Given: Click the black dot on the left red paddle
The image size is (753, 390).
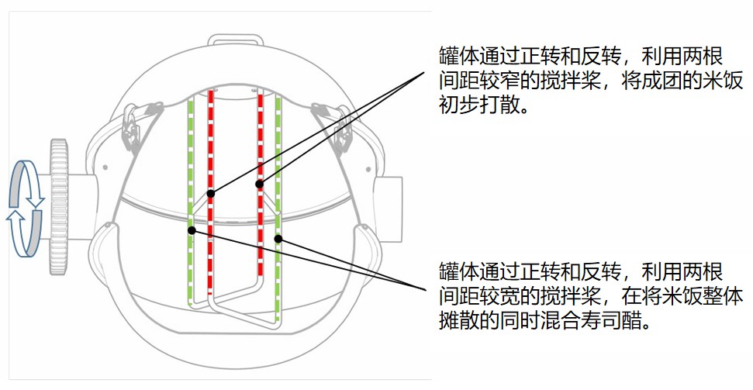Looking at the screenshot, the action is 210,194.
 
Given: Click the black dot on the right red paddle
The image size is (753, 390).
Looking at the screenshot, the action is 259,184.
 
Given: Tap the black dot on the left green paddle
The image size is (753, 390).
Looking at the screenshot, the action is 192,230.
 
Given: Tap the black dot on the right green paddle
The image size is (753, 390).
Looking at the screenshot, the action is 278,238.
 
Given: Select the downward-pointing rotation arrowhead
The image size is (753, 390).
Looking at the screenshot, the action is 36,202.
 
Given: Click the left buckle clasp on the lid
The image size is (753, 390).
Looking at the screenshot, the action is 131,126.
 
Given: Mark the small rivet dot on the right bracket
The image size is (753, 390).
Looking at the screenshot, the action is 368,170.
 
